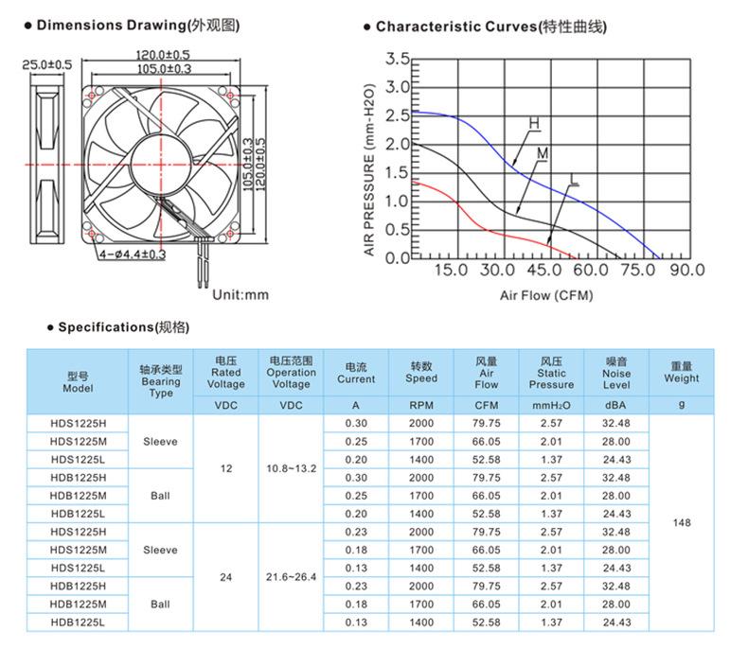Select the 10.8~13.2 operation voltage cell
point(291,467)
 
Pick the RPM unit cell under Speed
point(420,405)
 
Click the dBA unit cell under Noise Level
point(616,405)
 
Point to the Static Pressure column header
point(551,373)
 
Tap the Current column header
point(356,373)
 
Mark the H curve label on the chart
point(534,124)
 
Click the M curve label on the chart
point(543,153)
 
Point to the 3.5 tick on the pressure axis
point(398,61)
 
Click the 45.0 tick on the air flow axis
point(543,271)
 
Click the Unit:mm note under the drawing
point(240,295)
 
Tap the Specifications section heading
point(123,327)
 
